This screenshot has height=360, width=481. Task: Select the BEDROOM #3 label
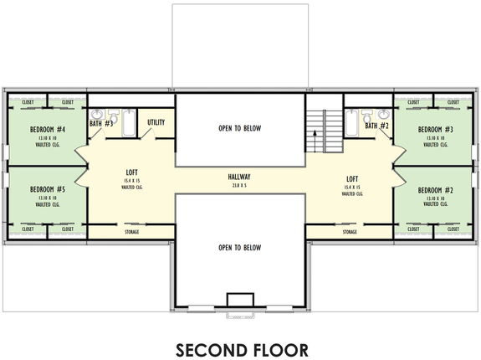point(435,130)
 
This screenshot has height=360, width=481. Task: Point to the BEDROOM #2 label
point(435,190)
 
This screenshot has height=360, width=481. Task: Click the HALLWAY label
point(239,177)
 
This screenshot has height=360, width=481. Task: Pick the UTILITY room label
point(156,123)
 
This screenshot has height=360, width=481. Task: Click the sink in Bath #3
point(96,115)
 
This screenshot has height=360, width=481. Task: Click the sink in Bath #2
point(383,115)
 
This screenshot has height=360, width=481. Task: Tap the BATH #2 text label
point(377,126)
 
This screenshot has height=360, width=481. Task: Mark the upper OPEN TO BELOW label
point(239,128)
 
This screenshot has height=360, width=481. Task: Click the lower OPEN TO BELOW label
point(239,248)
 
